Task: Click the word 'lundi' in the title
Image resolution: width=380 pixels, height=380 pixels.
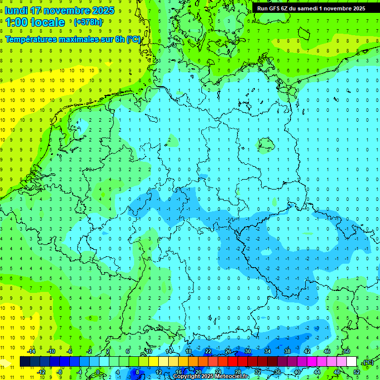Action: click(x=17, y=10)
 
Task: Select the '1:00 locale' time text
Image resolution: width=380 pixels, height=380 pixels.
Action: click(x=35, y=22)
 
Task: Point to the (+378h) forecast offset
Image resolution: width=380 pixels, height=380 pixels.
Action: click(x=88, y=22)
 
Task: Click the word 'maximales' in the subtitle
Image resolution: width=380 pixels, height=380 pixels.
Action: click(x=84, y=39)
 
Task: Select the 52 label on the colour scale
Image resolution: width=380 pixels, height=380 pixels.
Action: click(x=356, y=372)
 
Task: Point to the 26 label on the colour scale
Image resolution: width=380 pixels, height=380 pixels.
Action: click(x=228, y=351)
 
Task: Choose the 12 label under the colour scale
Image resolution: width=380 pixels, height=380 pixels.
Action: click(x=159, y=372)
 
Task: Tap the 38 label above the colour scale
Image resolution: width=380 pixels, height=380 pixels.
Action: click(x=287, y=351)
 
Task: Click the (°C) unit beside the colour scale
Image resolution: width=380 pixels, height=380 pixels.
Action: click(x=368, y=362)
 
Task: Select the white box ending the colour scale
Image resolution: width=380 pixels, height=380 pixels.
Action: click(x=351, y=362)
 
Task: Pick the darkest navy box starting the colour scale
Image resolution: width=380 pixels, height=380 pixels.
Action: click(x=25, y=362)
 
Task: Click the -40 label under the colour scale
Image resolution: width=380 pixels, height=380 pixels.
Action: click(x=297, y=372)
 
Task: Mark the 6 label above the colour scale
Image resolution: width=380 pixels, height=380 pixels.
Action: click(x=128, y=351)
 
